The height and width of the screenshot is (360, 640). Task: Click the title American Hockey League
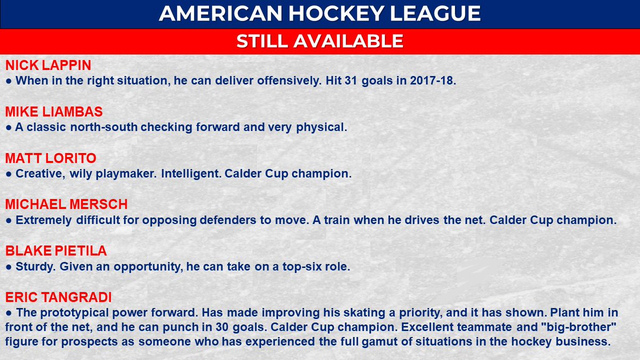click(320, 14)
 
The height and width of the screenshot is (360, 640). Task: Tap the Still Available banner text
click(320, 41)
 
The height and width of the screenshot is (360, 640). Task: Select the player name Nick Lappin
click(48, 66)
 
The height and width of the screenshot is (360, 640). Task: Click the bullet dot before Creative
click(9, 174)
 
